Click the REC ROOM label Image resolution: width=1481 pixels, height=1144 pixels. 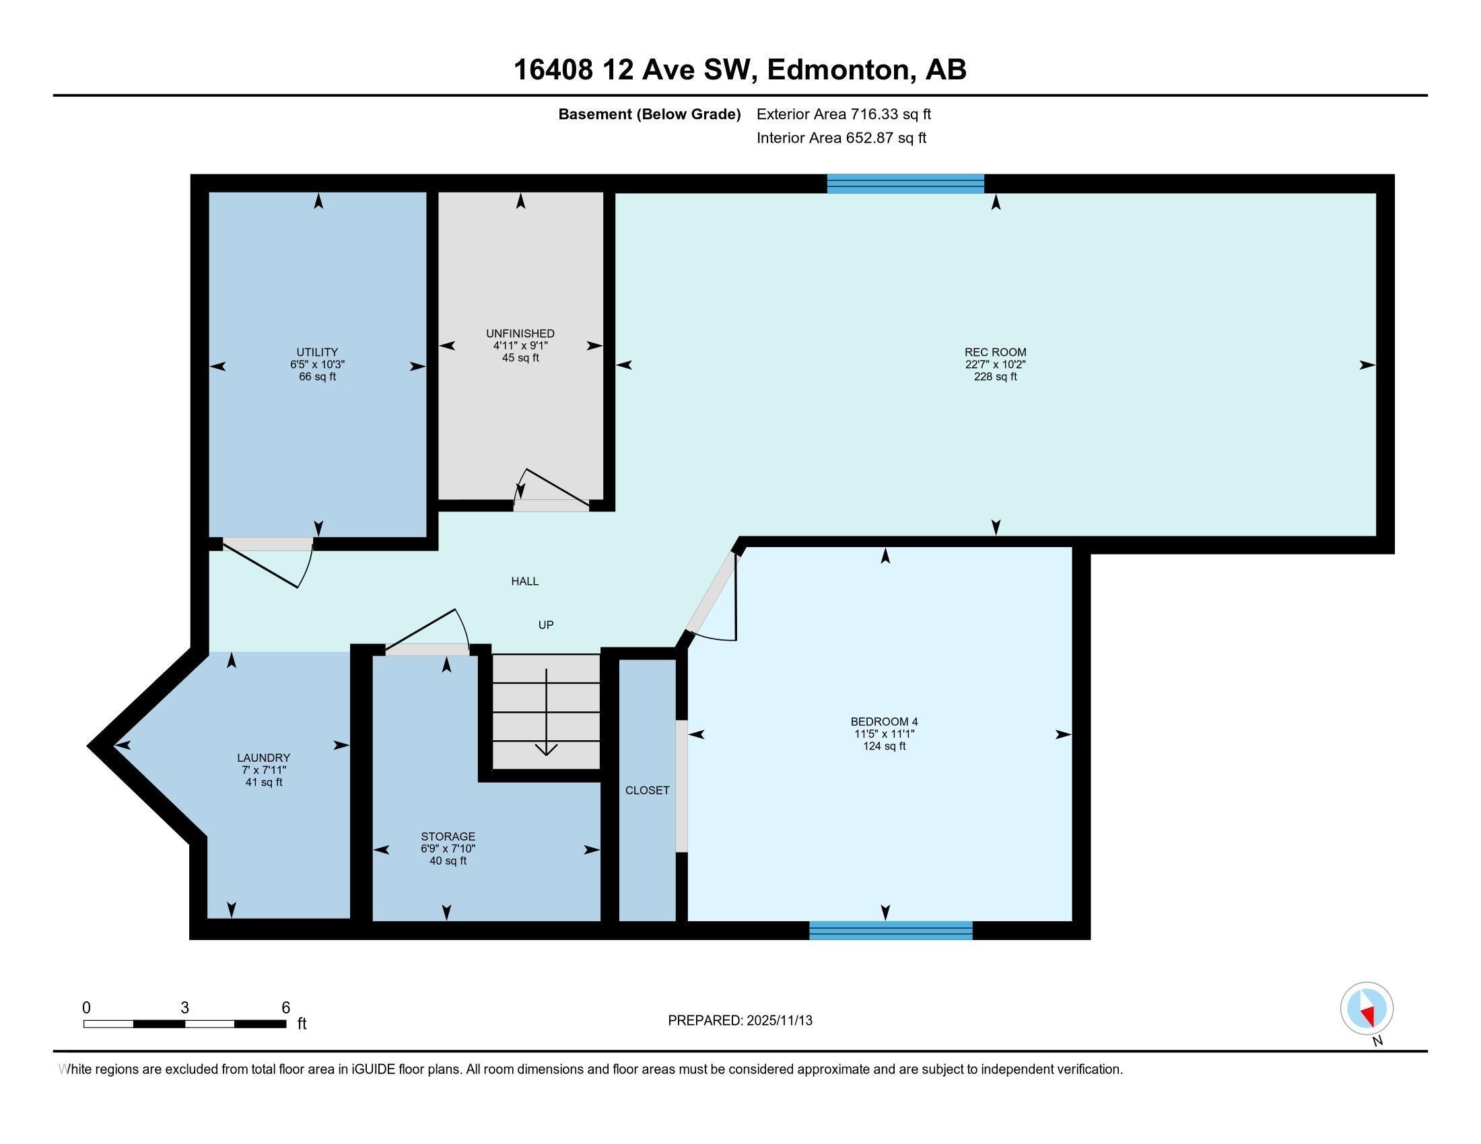pyautogui.click(x=995, y=352)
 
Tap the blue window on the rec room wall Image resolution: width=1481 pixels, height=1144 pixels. pyautogui.click(x=905, y=184)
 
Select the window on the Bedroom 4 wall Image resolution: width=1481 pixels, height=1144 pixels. pyautogui.click(x=891, y=931)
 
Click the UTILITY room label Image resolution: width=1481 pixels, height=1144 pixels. pyautogui.click(x=316, y=352)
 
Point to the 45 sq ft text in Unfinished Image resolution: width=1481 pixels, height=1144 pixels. pyautogui.click(x=520, y=358)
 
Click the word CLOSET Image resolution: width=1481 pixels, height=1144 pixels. pyautogui.click(x=647, y=790)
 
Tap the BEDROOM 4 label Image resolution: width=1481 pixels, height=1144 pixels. pyautogui.click(x=884, y=722)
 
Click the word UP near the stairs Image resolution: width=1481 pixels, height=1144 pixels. pyautogui.click(x=546, y=625)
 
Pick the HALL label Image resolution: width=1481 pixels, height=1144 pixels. pyautogui.click(x=525, y=581)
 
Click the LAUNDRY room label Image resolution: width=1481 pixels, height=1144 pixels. pyautogui.click(x=263, y=758)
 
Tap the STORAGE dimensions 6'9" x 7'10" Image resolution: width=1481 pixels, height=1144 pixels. pyautogui.click(x=448, y=849)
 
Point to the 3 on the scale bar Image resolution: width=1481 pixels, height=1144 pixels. pyautogui.click(x=184, y=1008)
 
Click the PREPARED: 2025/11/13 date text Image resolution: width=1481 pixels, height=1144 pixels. pyautogui.click(x=740, y=1021)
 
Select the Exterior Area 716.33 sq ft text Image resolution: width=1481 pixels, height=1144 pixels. pyautogui.click(x=843, y=114)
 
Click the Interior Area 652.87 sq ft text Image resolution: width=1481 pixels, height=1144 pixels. pyautogui.click(x=841, y=138)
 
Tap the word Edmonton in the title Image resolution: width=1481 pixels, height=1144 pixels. pyautogui.click(x=838, y=70)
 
